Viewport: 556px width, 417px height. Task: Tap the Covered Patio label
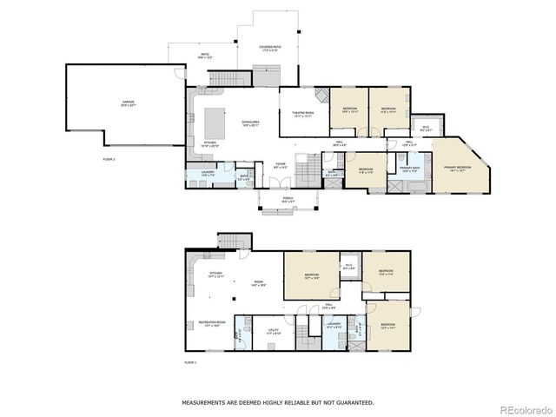tap(268, 50)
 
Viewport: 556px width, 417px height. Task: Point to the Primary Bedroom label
tap(457, 169)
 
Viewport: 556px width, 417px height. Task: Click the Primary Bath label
tap(410, 169)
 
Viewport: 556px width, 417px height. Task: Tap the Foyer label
tap(281, 164)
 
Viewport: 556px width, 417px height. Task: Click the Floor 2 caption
tap(109, 160)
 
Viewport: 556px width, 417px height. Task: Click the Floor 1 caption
tap(190, 361)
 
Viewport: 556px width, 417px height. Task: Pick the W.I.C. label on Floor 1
tap(347, 268)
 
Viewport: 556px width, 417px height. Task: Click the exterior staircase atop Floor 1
tap(233, 241)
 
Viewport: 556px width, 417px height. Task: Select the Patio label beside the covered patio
tap(206, 56)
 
